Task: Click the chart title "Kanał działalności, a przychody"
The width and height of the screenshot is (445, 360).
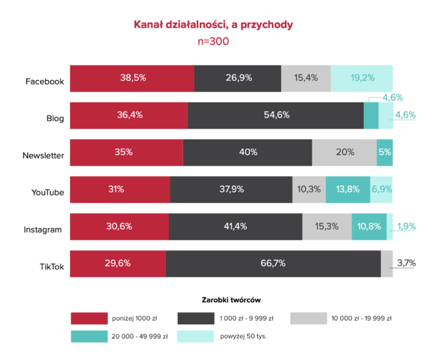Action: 213,25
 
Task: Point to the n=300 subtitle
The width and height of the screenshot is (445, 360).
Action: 213,42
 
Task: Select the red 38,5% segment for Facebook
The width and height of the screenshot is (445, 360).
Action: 132,78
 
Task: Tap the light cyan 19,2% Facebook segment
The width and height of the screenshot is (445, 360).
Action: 362,78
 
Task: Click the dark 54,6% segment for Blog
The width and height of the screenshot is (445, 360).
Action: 276,115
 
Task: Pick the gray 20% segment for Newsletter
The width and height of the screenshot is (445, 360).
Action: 345,152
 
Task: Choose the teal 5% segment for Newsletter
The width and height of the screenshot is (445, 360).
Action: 385,152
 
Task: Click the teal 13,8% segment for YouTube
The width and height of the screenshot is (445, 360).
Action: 348,189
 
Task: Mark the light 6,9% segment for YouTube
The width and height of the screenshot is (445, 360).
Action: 381,189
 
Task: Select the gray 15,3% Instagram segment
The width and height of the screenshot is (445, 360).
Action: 327,226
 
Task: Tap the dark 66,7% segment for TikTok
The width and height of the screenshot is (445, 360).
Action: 273,263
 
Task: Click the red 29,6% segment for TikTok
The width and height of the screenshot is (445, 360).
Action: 118,263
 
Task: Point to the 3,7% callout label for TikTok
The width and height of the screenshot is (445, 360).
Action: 406,263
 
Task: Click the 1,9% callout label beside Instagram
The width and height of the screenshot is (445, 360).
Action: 406,226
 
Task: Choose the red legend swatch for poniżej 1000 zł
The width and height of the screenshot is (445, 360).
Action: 89,318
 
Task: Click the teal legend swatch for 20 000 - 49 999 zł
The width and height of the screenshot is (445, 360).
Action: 89,336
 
